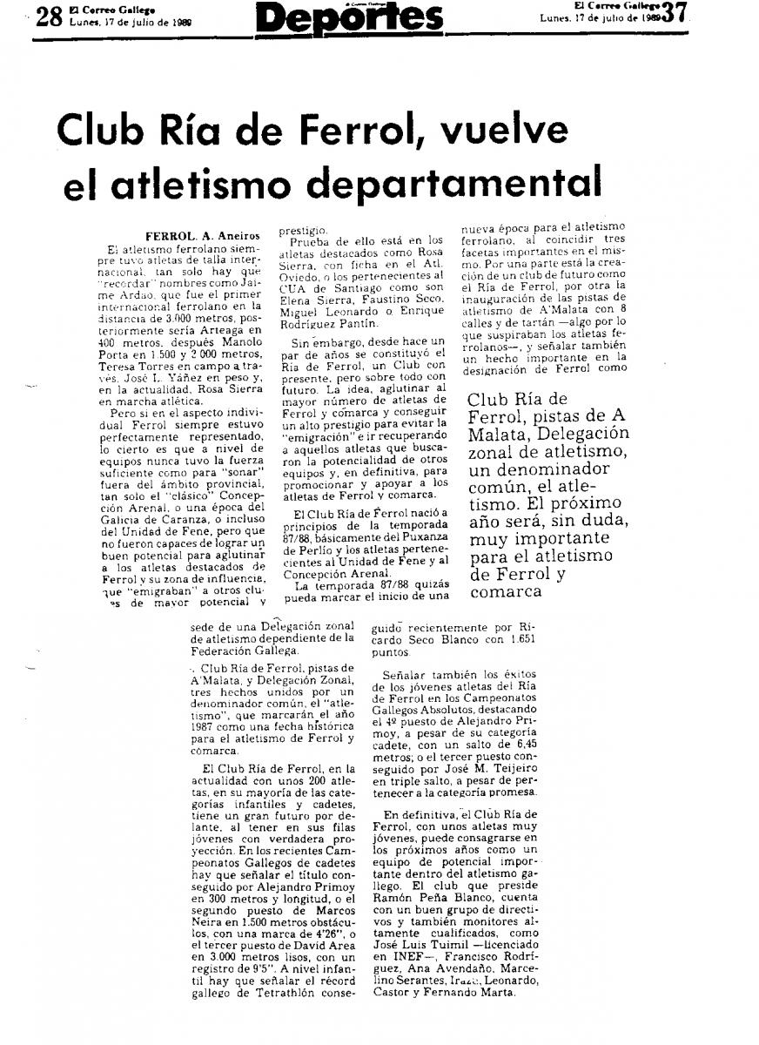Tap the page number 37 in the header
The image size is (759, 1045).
click(675, 13)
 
